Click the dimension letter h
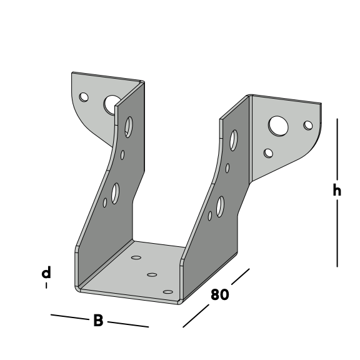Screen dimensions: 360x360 pyautogui.click(x=337, y=191)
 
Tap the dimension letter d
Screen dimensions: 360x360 pyautogui.click(x=46, y=272)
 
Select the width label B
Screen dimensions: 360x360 pyautogui.click(x=98, y=320)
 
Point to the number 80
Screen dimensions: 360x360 pyautogui.click(x=220, y=294)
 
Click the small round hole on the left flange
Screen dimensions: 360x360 pyautogui.click(x=84, y=97)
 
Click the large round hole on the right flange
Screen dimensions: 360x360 pyautogui.click(x=278, y=126)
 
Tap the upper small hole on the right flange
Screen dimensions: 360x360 pyautogui.click(x=308, y=126)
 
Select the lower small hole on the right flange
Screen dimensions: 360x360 pyautogui.click(x=268, y=153)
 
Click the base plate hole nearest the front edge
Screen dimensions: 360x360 pyautogui.click(x=168, y=292)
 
